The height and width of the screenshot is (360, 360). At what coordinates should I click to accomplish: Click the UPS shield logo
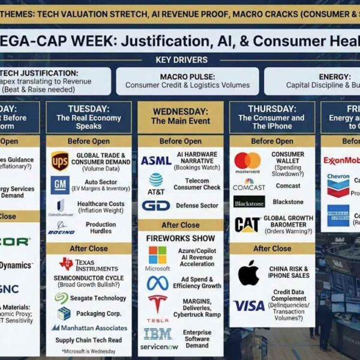(59, 161)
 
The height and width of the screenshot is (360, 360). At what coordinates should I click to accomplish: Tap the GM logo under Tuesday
(59, 184)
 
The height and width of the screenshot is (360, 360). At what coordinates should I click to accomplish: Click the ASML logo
(156, 161)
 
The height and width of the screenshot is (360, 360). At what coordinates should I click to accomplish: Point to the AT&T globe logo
(156, 179)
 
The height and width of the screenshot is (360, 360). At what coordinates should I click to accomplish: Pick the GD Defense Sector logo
(156, 206)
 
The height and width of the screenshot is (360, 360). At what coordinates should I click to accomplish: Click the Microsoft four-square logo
(157, 254)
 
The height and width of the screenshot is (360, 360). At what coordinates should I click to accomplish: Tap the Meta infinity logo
(157, 283)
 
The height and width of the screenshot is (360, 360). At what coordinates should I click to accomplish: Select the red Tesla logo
(157, 304)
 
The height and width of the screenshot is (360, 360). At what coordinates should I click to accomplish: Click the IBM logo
(157, 334)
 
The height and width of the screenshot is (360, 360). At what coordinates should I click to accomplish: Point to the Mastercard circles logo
(248, 161)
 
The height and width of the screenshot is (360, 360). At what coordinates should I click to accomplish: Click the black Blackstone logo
(249, 202)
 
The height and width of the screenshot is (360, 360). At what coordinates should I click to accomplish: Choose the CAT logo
(247, 225)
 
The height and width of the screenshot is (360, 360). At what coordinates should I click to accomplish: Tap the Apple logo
(248, 273)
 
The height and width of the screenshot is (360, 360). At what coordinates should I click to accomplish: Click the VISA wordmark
(248, 306)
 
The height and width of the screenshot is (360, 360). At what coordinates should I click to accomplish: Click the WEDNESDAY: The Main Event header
(181, 116)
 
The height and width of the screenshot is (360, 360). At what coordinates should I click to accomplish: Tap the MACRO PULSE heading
(187, 77)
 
